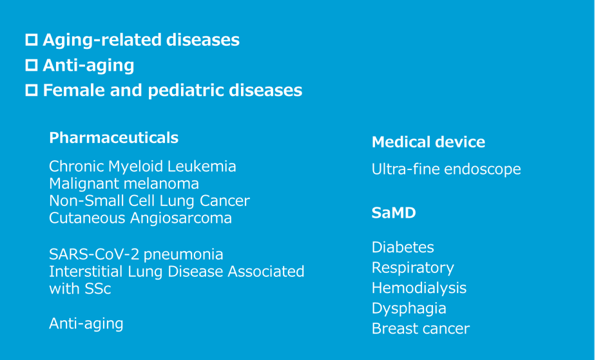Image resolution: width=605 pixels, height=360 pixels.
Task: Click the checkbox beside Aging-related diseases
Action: pos(32,40)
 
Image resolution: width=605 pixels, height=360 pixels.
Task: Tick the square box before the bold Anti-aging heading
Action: pos(32,65)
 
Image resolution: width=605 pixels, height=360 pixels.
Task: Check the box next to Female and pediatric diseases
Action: pos(32,90)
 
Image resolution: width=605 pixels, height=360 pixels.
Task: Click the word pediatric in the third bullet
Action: pos(186,91)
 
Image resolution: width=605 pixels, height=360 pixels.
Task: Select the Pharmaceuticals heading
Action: pos(114,138)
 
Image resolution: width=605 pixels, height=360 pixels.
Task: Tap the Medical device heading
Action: pos(428,142)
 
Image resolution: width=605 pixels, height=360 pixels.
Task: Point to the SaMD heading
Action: pos(394,213)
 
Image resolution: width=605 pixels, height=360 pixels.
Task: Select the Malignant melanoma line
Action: pos(124,184)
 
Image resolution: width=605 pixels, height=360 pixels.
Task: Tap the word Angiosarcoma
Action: pos(181,218)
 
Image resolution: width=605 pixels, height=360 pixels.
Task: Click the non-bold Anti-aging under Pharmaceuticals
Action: pos(86,324)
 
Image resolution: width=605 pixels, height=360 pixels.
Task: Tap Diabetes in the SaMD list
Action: pos(403,247)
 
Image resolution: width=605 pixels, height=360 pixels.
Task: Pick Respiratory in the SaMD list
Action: pos(413,268)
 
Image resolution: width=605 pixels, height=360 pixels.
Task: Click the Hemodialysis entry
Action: pos(419,289)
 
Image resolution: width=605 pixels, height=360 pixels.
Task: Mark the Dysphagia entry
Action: pos(409,308)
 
